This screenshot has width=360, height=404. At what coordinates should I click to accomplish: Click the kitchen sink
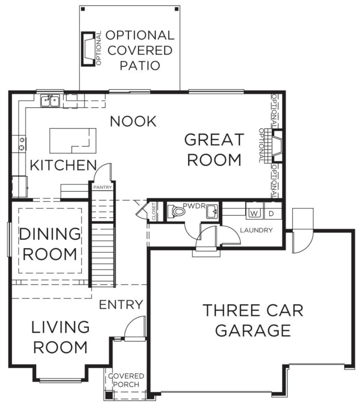[50, 101]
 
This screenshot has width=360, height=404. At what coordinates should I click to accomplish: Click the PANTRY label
[103, 187]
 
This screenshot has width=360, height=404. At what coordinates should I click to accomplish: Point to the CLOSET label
[154, 211]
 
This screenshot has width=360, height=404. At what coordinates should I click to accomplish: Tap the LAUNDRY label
[256, 230]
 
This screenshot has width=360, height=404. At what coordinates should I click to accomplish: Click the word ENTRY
[121, 305]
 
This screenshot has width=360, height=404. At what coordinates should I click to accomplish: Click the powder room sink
[212, 211]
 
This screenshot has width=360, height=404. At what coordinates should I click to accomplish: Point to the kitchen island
[73, 141]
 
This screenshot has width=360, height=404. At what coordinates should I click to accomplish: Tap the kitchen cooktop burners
[22, 144]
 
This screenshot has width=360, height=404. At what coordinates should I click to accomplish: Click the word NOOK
[133, 121]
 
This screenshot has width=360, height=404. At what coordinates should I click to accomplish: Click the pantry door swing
[103, 172]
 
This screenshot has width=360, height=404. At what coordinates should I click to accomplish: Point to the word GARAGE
[253, 331]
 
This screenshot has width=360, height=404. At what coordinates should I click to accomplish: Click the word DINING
[50, 234]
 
